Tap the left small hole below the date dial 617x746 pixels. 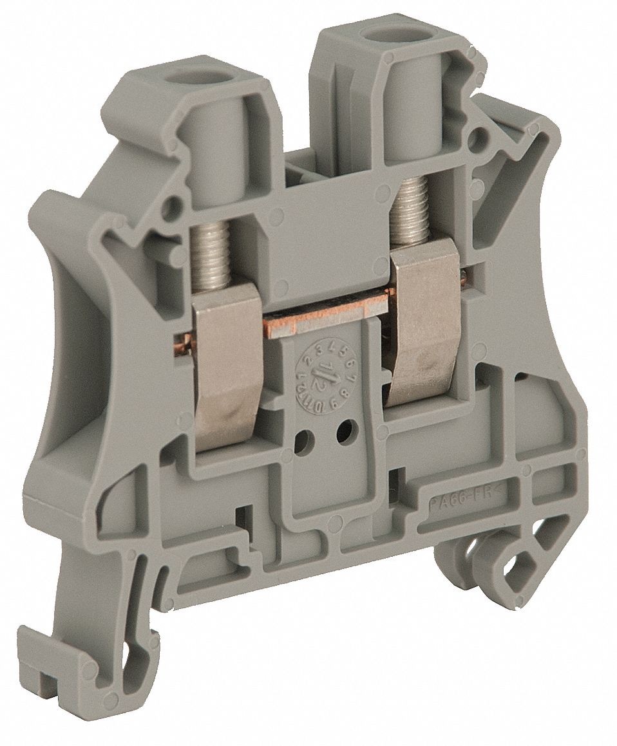301,443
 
